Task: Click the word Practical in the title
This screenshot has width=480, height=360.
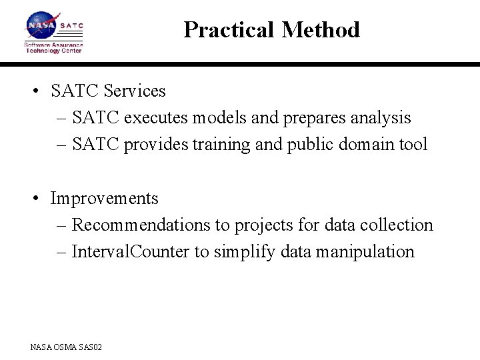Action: pos(229,30)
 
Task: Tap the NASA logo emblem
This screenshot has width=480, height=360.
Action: pos(41,26)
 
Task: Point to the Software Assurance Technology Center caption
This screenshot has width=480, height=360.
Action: pos(53,48)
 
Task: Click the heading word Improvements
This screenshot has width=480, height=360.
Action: pos(105,199)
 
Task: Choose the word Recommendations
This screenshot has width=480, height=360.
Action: pos(141,225)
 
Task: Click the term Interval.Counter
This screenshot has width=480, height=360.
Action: pos(130,252)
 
